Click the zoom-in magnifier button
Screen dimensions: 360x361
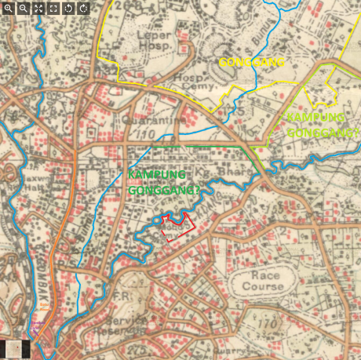point(9,8)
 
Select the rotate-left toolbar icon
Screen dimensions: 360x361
point(68,8)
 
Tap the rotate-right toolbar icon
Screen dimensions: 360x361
point(83,8)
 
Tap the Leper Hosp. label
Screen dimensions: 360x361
point(154,41)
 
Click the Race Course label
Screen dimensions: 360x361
point(266,281)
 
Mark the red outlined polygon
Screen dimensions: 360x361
point(177,225)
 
